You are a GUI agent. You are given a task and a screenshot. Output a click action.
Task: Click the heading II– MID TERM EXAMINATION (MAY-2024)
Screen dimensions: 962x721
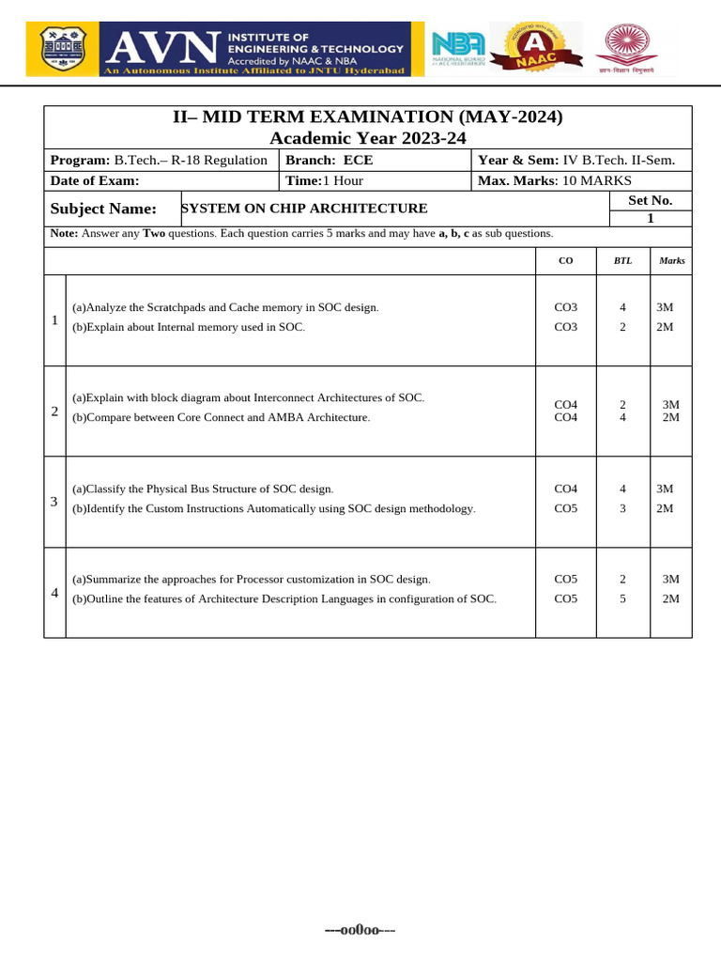[x=368, y=116]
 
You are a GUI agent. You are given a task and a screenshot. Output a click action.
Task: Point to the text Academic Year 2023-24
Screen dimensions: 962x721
[x=368, y=138]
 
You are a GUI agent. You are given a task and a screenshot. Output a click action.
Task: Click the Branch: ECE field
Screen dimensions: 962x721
[x=330, y=160]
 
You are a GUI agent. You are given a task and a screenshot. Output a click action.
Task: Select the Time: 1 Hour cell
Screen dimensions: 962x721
[x=325, y=180]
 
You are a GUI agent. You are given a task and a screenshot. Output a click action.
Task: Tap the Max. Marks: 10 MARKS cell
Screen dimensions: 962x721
[x=555, y=180]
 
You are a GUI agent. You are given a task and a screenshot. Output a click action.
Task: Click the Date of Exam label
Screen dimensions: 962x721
[x=94, y=180]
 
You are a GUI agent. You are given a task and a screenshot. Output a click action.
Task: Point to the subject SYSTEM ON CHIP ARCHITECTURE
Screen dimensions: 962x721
[x=303, y=209]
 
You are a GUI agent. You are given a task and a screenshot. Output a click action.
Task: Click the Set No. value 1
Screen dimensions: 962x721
[x=650, y=218]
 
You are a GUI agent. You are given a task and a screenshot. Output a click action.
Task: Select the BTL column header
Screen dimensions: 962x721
[x=622, y=260]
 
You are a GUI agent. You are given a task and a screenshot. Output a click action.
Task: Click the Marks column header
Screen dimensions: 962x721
[x=671, y=260]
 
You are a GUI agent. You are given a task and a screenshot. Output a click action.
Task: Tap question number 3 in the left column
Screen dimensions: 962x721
[x=54, y=502]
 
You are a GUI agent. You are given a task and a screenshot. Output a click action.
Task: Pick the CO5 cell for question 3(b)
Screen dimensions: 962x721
[x=566, y=508]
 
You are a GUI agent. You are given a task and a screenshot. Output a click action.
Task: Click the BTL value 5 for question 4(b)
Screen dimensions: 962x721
[x=622, y=598]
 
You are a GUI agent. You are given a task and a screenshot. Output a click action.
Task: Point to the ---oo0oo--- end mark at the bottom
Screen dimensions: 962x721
[x=360, y=930]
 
